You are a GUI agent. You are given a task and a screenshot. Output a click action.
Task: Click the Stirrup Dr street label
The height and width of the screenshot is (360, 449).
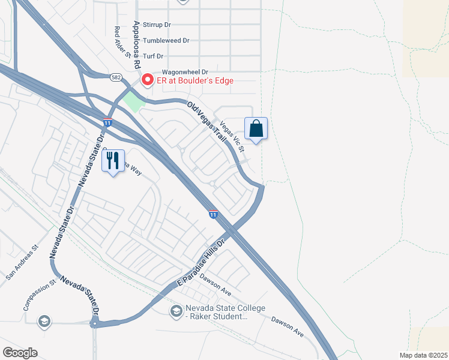[x=155, y=25]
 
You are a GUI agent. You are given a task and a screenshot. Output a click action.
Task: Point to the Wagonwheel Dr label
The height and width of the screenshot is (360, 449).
[x=180, y=71]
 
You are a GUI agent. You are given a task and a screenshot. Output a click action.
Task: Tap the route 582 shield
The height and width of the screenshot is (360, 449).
[x=116, y=77]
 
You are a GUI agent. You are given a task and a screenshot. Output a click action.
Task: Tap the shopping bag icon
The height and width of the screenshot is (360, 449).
[x=256, y=128]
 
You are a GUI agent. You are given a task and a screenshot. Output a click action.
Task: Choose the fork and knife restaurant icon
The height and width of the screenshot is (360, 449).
[x=113, y=161]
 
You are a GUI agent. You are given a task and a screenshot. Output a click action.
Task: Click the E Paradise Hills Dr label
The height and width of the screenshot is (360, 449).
[x=200, y=262]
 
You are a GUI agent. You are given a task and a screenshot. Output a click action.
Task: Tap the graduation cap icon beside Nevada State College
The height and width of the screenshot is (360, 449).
[x=176, y=310]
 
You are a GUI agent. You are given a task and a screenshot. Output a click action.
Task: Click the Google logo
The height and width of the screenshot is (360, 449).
[x=20, y=353]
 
